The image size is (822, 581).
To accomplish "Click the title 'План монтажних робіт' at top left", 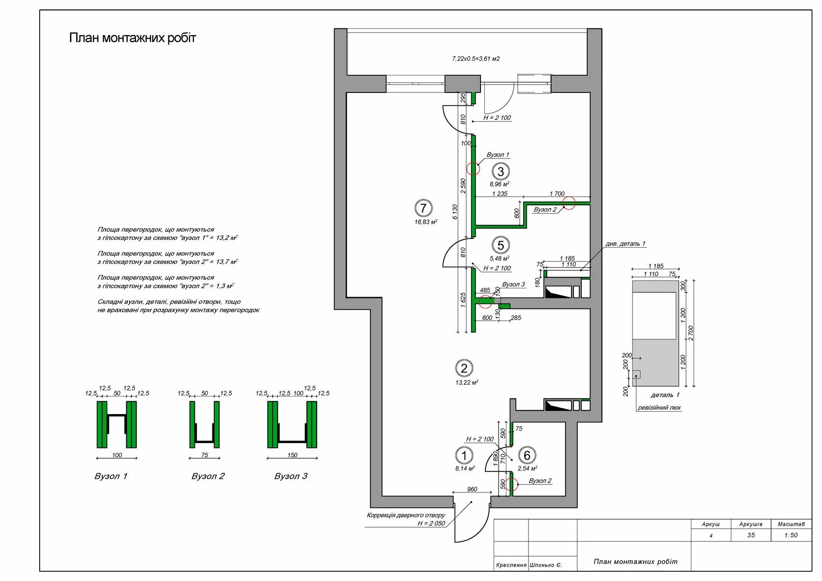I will point(132,38).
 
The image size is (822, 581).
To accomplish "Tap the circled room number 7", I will point(423,208).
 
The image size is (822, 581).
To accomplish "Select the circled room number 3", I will point(501,171).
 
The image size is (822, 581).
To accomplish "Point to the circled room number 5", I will point(501,245).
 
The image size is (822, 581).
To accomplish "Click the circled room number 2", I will point(464,368).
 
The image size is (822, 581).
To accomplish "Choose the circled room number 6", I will point(526,456).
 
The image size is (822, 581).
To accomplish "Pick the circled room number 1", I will point(463,456).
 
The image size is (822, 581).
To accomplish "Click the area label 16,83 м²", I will point(425,222).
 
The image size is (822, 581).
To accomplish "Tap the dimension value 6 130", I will point(455,211).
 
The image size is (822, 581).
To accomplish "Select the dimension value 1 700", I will point(557,194).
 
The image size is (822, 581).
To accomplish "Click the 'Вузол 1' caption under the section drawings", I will point(111,476).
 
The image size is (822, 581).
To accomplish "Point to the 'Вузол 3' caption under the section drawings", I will point(291,476).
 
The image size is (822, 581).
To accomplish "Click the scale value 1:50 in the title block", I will point(791,535).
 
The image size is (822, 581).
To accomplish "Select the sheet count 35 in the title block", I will point(751,535).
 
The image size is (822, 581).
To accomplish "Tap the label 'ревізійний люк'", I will point(659,408).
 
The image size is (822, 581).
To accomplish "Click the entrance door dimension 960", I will point(472,489).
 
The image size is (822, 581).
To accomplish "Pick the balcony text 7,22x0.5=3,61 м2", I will point(476,59).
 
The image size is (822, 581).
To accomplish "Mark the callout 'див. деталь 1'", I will point(625,244).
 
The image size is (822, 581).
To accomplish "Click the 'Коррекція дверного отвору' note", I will point(406,515).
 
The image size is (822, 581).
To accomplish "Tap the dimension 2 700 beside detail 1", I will point(691,333).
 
